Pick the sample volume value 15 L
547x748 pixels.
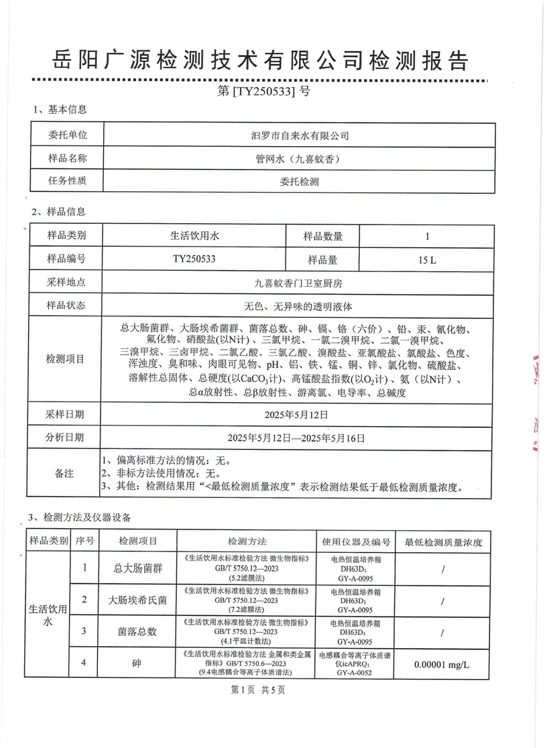(x=426, y=259)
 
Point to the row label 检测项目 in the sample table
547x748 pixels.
(x=66, y=359)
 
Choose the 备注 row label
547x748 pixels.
(x=66, y=473)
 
